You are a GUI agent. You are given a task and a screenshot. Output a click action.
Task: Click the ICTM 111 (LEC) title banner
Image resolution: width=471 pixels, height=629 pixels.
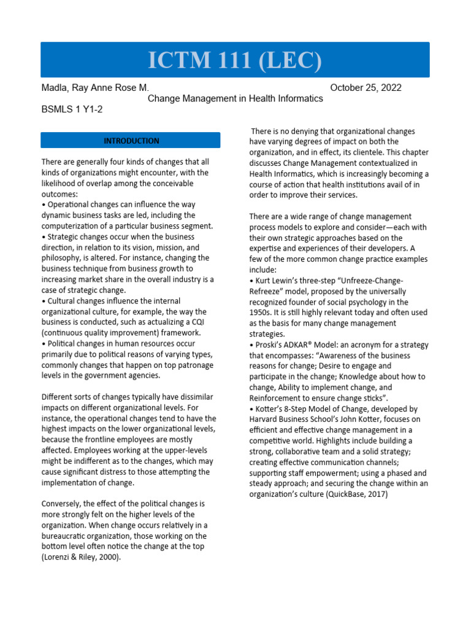235,60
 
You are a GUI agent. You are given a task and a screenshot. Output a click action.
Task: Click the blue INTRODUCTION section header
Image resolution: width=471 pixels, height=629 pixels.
131,141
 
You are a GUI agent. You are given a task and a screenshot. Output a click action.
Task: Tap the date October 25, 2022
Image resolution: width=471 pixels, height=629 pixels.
366,87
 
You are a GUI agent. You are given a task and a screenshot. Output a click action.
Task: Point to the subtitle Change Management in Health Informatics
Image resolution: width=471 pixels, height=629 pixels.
235,98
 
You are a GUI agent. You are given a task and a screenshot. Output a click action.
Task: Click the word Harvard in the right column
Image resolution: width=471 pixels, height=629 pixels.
265,420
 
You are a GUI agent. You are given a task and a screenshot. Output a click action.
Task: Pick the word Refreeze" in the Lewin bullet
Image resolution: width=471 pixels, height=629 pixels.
268,291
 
